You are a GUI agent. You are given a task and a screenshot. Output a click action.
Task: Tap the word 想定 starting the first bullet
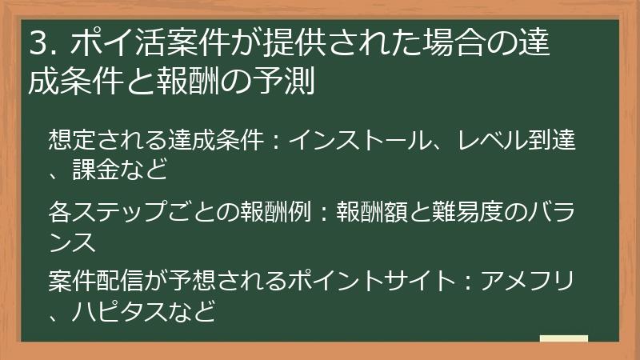[x=70, y=142]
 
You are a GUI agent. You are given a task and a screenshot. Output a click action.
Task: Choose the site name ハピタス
[x=114, y=310]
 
